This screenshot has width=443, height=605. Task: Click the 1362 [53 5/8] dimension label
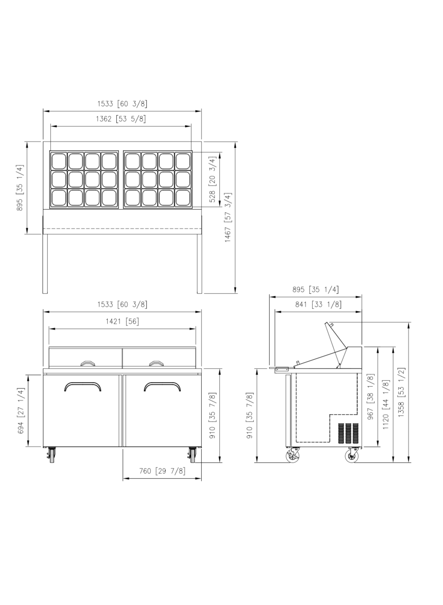[121, 119]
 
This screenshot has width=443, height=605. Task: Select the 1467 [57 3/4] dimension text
[228, 217]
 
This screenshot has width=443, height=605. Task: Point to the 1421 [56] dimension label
[122, 321]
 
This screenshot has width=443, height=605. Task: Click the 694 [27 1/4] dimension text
[21, 411]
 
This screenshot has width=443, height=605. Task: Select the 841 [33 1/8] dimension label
[318, 304]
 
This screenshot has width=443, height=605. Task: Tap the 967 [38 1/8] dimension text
[371, 397]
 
